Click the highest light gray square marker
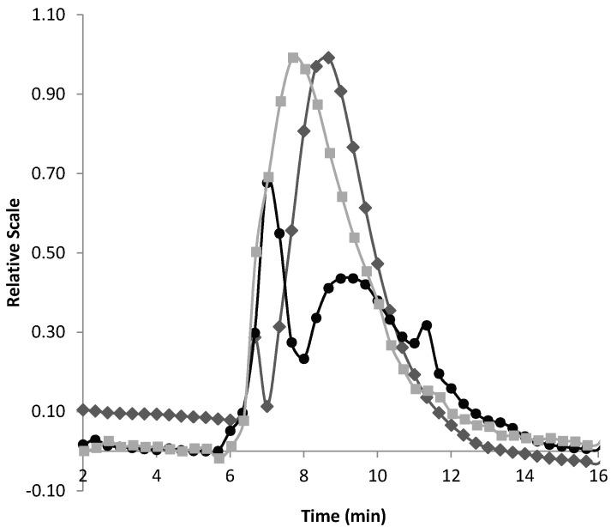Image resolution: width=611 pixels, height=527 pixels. (x=293, y=58)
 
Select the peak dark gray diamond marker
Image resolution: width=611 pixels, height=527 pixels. (x=328, y=58)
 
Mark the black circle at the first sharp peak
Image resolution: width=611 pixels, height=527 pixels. (x=267, y=181)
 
